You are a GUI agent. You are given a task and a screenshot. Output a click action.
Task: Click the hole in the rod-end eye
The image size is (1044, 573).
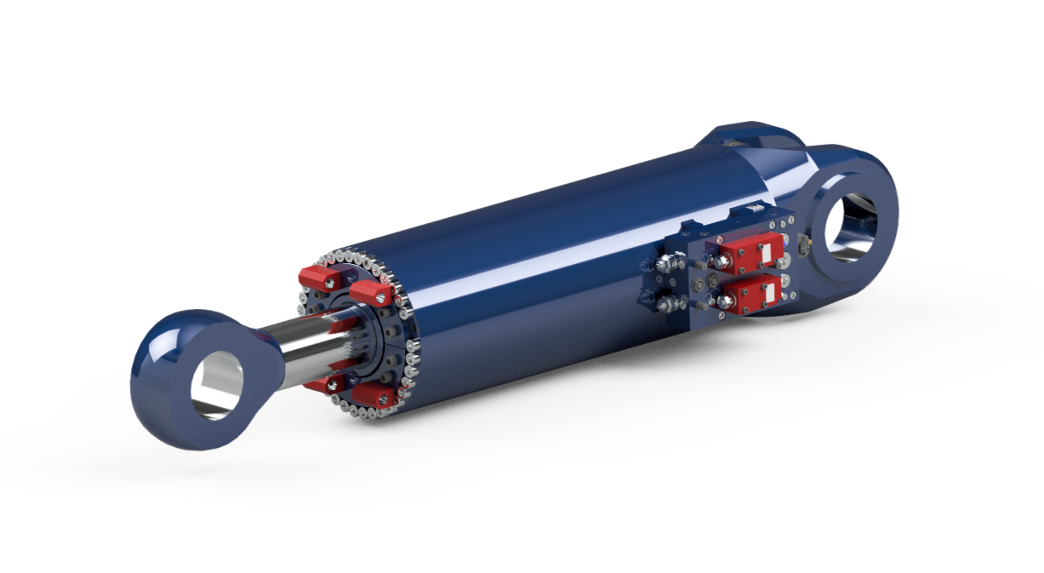tap(213, 383)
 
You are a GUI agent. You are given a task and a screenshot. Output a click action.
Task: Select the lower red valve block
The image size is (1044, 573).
tap(754, 294)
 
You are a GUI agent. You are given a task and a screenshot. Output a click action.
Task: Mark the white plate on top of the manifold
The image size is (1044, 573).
tap(752, 209)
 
